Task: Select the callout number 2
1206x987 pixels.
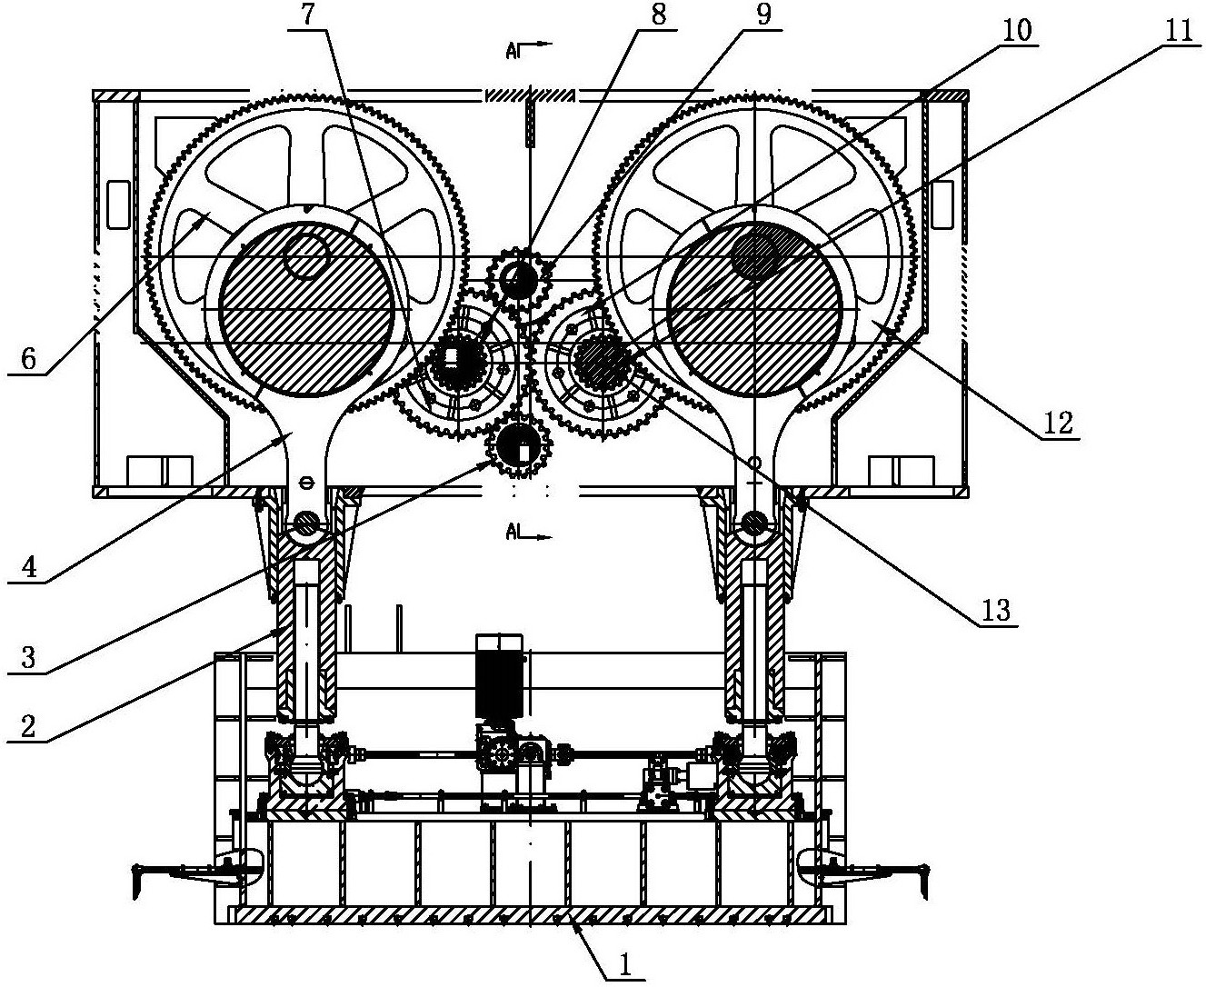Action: (x=28, y=725)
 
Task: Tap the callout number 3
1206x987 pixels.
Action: (x=28, y=658)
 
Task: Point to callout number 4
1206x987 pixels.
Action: (x=29, y=567)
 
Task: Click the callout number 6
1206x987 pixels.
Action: (x=28, y=360)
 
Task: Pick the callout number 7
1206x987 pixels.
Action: (x=309, y=15)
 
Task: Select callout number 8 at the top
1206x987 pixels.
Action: (x=659, y=15)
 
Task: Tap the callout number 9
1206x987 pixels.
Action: (x=764, y=14)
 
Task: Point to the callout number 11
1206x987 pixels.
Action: (x=1179, y=31)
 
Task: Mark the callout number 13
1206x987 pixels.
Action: (x=996, y=611)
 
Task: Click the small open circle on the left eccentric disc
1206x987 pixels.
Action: (x=306, y=255)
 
